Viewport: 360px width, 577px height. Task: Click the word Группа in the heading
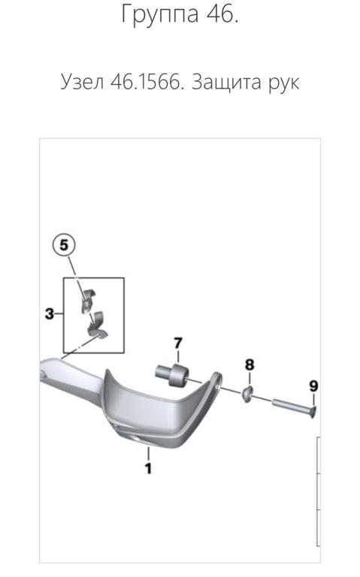click(160, 14)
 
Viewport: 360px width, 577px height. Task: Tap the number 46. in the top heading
click(222, 14)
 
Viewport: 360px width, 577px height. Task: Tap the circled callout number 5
click(64, 245)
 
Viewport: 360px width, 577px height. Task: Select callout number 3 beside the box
click(50, 314)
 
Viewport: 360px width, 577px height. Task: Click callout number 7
click(178, 343)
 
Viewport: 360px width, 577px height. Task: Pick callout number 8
click(250, 364)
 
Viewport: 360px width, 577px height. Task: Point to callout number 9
click(313, 386)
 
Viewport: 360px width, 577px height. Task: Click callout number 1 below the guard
click(148, 469)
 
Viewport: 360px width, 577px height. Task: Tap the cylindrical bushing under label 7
click(171, 375)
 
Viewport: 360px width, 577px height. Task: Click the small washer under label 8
click(247, 394)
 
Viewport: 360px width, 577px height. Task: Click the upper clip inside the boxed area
click(87, 301)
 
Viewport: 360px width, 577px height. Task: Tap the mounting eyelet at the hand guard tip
click(216, 381)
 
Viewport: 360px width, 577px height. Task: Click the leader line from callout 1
click(148, 453)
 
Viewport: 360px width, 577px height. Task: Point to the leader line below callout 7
click(178, 357)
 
